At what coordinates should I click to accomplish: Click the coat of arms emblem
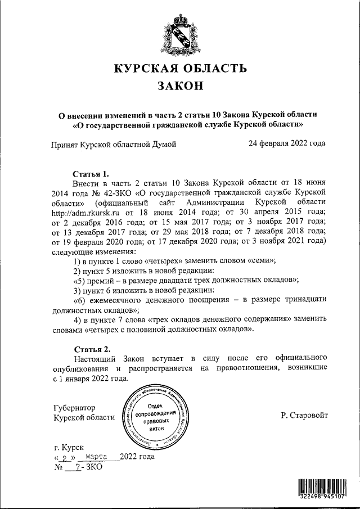(180, 35)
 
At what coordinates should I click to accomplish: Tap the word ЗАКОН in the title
(180, 87)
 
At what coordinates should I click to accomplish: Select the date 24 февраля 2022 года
(287, 143)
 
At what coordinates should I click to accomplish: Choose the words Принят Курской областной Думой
(114, 143)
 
